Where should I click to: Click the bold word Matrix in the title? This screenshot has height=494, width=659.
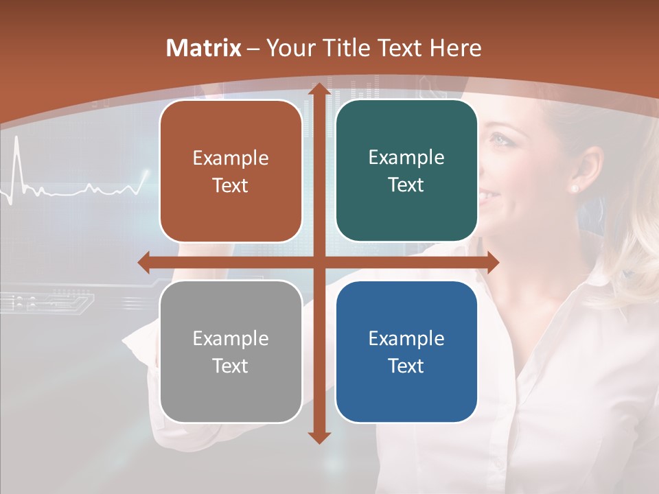204,48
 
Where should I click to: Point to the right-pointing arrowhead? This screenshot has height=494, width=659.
492,262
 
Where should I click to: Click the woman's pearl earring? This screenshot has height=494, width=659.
574,188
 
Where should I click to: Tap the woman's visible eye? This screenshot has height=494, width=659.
500,140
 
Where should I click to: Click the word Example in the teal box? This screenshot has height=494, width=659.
406,157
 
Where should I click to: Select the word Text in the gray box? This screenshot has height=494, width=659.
231,366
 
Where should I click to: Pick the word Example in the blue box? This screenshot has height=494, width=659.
406,338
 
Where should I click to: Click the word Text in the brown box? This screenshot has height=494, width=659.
231,185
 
